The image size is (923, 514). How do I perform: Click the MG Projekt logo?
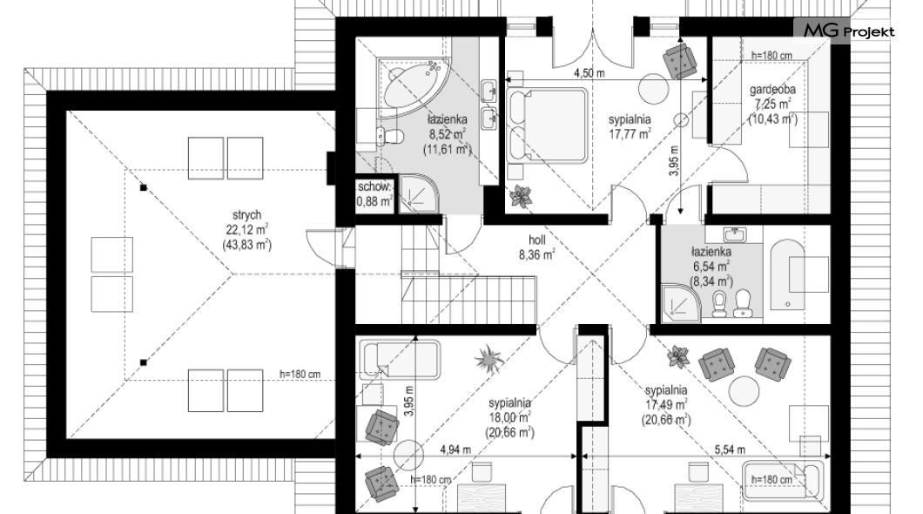(x=849, y=30)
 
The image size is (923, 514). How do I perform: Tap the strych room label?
(x=246, y=215)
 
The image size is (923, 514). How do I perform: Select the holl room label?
(x=537, y=240)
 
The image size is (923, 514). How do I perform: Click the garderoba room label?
(x=772, y=90)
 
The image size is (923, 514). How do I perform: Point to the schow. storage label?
(x=374, y=186)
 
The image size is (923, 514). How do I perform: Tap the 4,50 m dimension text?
(x=590, y=73)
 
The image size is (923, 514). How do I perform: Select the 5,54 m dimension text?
(x=730, y=450)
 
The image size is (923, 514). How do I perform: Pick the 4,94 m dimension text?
(x=455, y=450)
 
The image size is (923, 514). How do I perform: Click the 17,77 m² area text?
(x=630, y=133)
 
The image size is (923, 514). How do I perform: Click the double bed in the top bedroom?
(x=548, y=125)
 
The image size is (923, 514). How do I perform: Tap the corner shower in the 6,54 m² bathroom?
(x=681, y=304)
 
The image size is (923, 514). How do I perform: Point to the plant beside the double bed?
(x=521, y=197)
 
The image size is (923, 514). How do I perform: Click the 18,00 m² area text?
(x=509, y=418)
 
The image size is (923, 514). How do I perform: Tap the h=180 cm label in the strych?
(x=300, y=375)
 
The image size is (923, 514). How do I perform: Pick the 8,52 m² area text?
(x=448, y=134)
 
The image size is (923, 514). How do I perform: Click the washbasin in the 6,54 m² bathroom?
(x=734, y=234)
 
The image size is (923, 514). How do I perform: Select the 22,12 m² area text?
(x=246, y=230)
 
